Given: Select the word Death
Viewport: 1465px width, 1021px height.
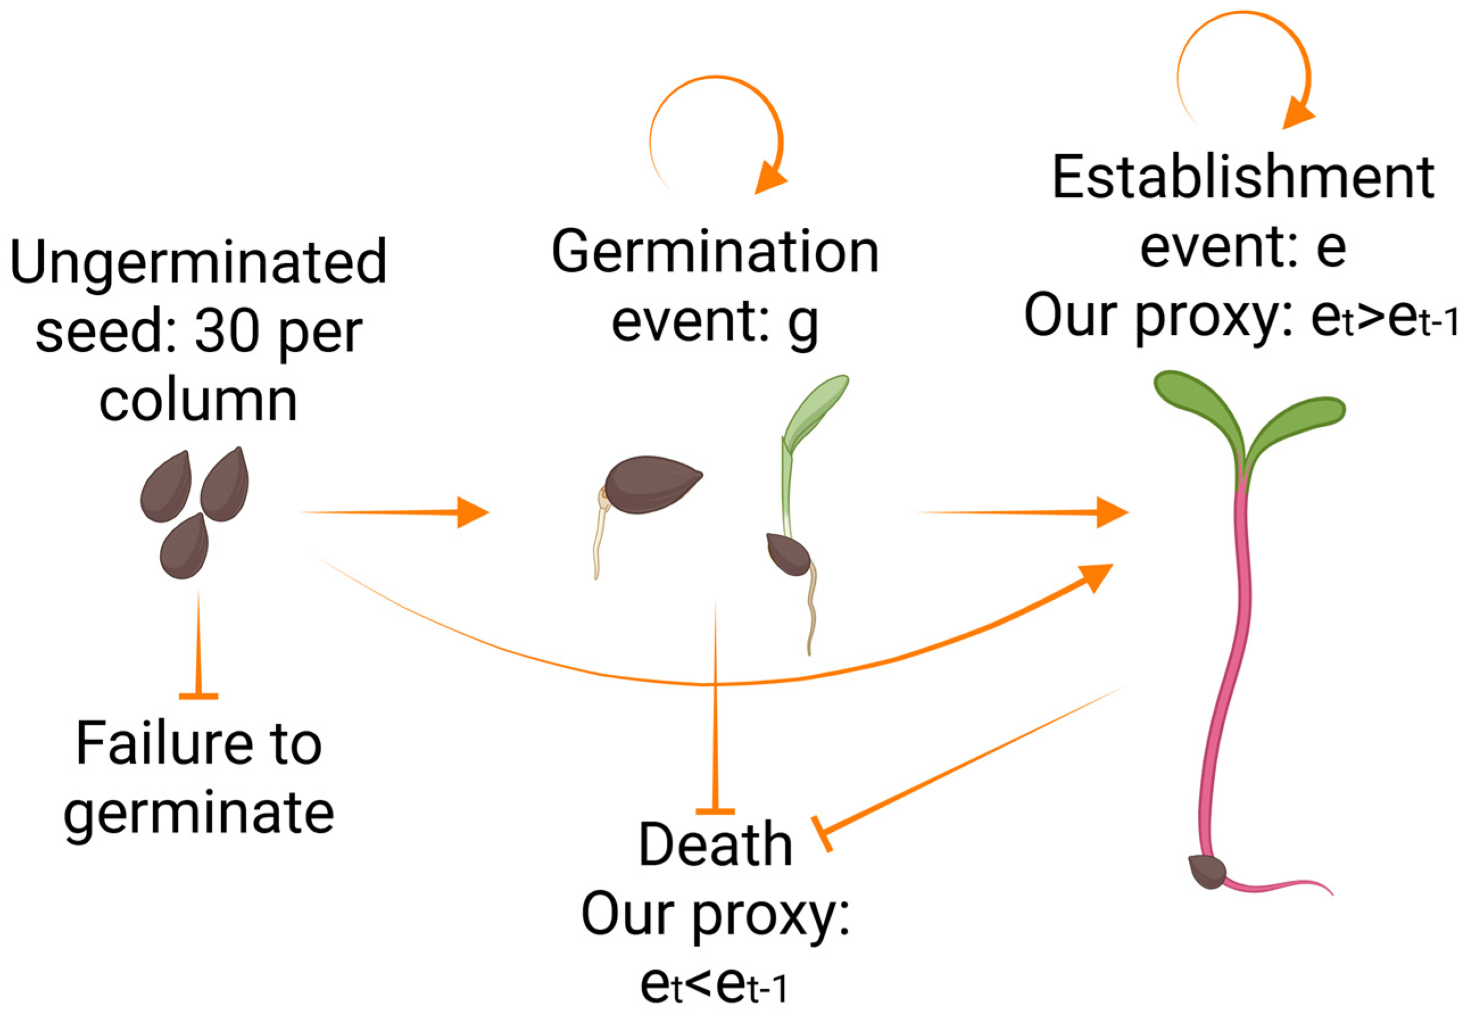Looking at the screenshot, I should click(x=715, y=845).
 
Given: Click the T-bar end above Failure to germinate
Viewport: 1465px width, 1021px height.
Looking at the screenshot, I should click(x=198, y=696).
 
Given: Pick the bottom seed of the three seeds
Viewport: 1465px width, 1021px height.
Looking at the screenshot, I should click(x=184, y=547).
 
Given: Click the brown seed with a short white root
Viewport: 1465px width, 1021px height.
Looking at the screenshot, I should click(x=651, y=484).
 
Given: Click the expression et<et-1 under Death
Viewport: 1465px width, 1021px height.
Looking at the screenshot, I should click(x=715, y=986).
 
